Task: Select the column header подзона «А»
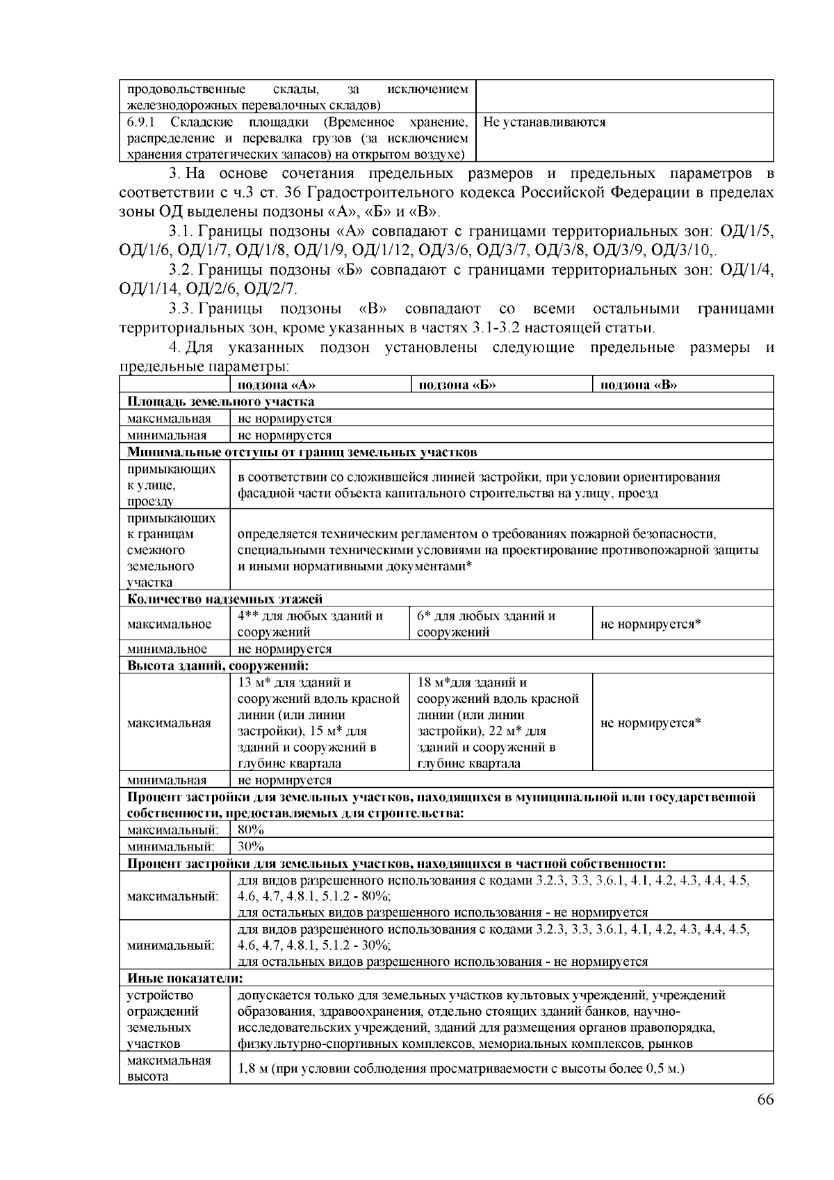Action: [278, 385]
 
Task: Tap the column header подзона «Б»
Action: [457, 385]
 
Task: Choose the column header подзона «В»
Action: [639, 385]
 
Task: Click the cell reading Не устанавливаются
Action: [544, 122]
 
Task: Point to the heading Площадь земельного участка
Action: [220, 402]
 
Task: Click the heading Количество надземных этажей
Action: [224, 599]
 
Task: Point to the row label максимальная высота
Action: [169, 1068]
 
